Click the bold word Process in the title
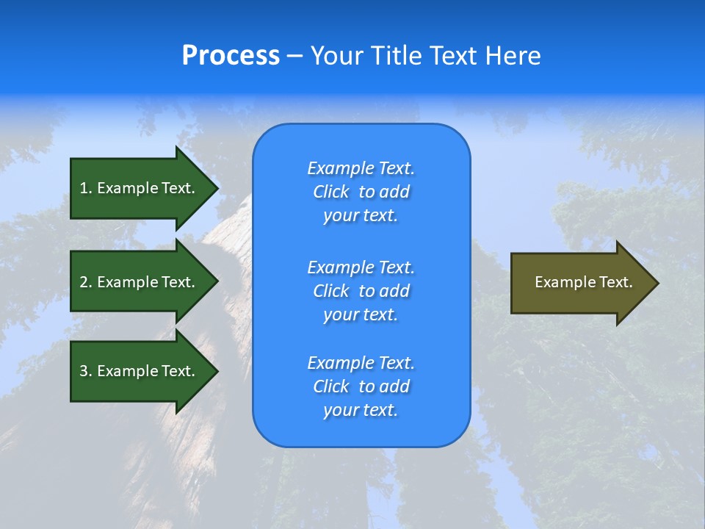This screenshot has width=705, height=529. coord(231,56)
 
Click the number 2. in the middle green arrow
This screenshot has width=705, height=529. coord(86,282)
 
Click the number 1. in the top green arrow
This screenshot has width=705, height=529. coord(86,188)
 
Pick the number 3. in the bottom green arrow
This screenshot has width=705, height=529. coord(86,371)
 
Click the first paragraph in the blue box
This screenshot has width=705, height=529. coord(361,192)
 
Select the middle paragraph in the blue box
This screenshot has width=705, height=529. coord(361,291)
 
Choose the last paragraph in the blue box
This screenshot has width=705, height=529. coord(361,386)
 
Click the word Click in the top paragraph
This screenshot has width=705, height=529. coord(331,192)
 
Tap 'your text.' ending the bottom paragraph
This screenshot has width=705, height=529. coord(361,410)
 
